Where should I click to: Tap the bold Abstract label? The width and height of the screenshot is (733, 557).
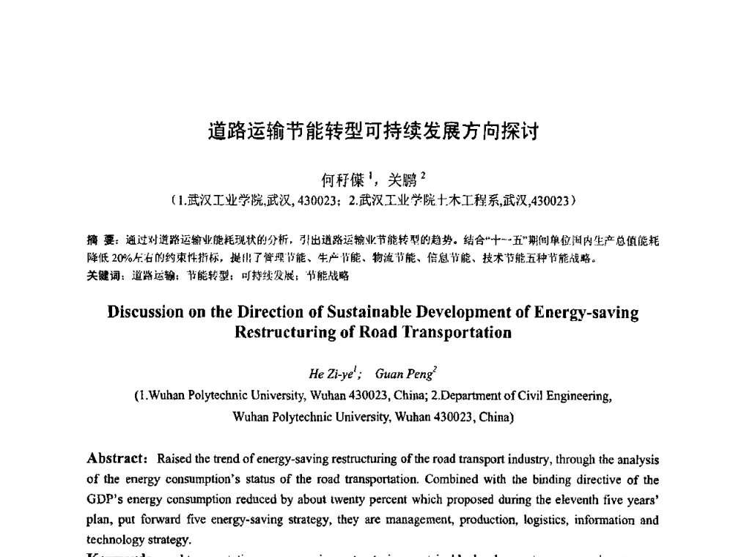click(116, 460)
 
